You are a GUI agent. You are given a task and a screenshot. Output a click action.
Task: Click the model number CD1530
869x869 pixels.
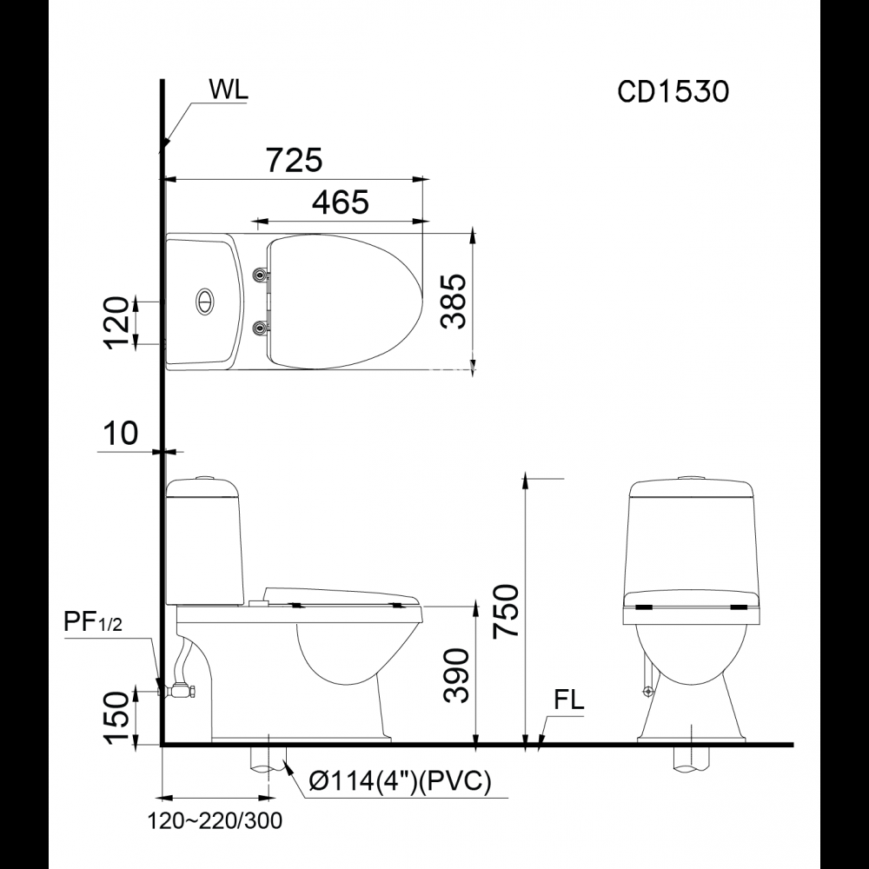point(673,91)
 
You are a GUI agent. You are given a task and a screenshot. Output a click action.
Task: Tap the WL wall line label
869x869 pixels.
point(229,90)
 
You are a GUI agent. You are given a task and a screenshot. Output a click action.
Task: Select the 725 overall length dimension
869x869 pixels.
point(295,160)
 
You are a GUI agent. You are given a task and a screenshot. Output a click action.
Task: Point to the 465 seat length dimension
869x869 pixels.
point(340,202)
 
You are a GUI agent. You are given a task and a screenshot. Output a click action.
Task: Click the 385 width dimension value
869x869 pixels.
point(454,301)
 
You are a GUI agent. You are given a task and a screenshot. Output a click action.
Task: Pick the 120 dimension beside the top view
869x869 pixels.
point(116,322)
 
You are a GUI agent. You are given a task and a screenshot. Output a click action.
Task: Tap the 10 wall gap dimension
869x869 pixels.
point(120,433)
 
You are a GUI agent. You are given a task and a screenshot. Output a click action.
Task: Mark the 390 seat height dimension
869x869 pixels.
point(456,675)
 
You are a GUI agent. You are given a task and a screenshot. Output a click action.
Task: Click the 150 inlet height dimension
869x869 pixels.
point(116,718)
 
